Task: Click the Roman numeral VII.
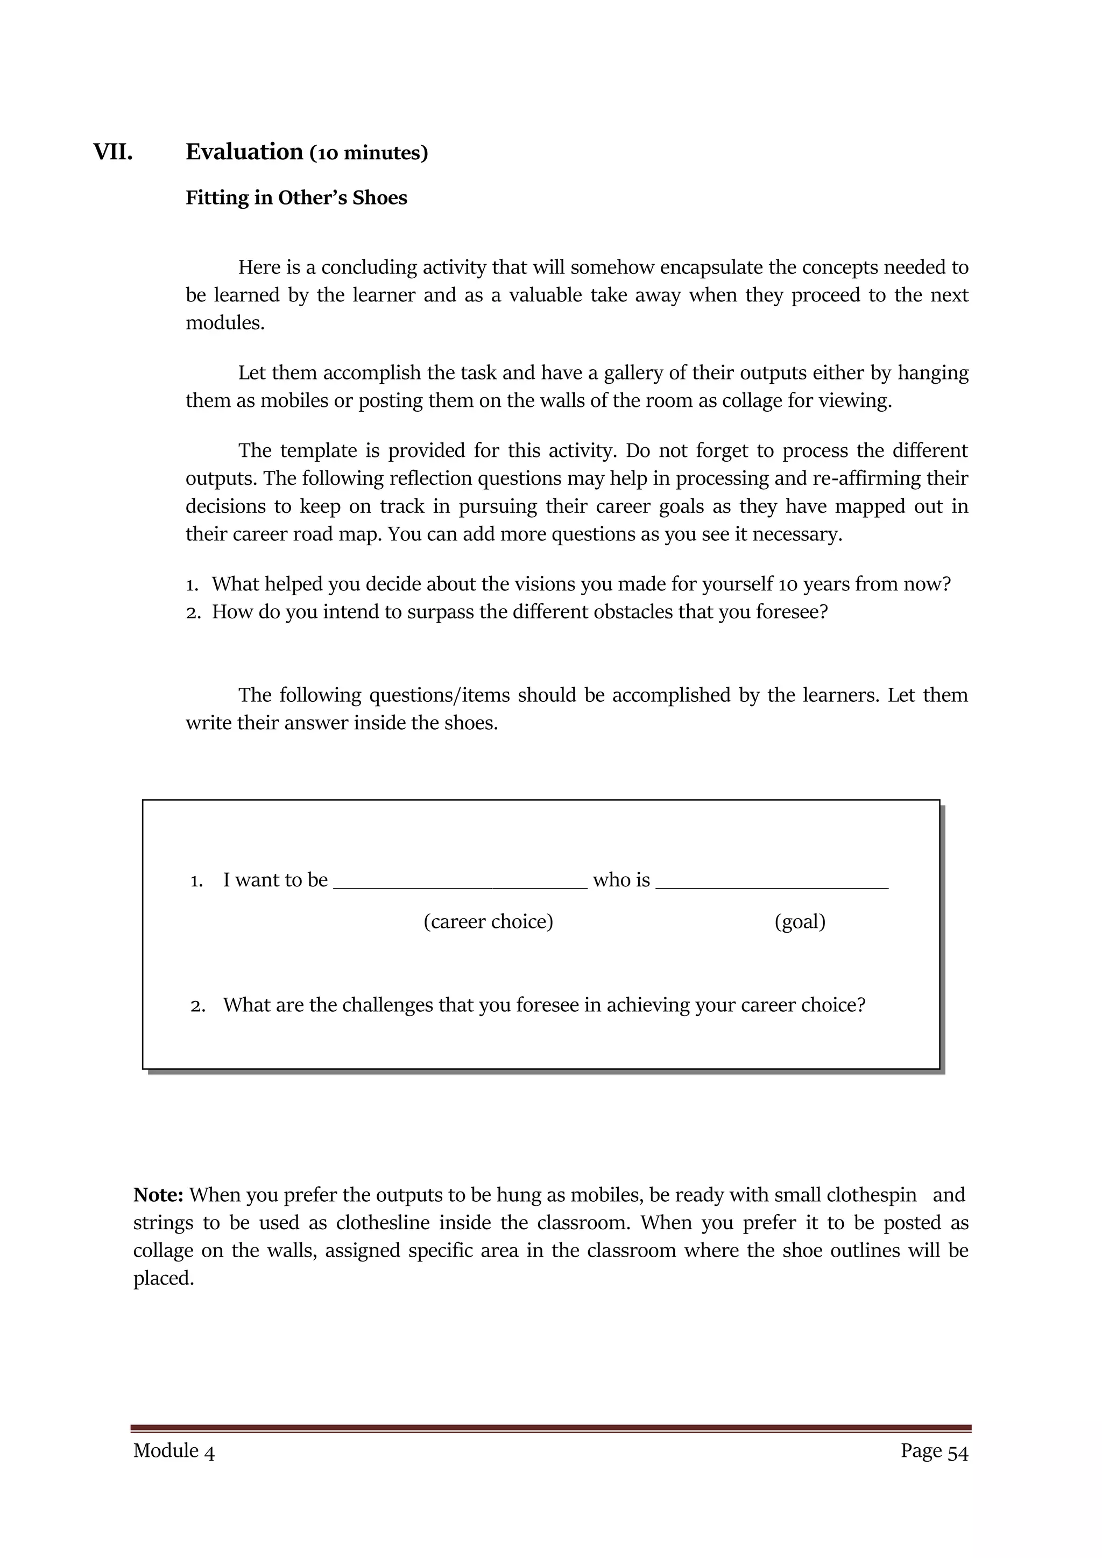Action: pyautogui.click(x=112, y=152)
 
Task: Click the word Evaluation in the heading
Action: pyautogui.click(x=244, y=152)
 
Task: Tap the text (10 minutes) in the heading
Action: pyautogui.click(x=369, y=153)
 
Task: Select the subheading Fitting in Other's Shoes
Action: pyautogui.click(x=296, y=198)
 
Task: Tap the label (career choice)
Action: pyautogui.click(x=488, y=921)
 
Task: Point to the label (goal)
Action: pyautogui.click(x=800, y=921)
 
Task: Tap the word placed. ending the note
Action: pyautogui.click(x=164, y=1279)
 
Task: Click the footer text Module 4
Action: pyautogui.click(x=174, y=1451)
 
